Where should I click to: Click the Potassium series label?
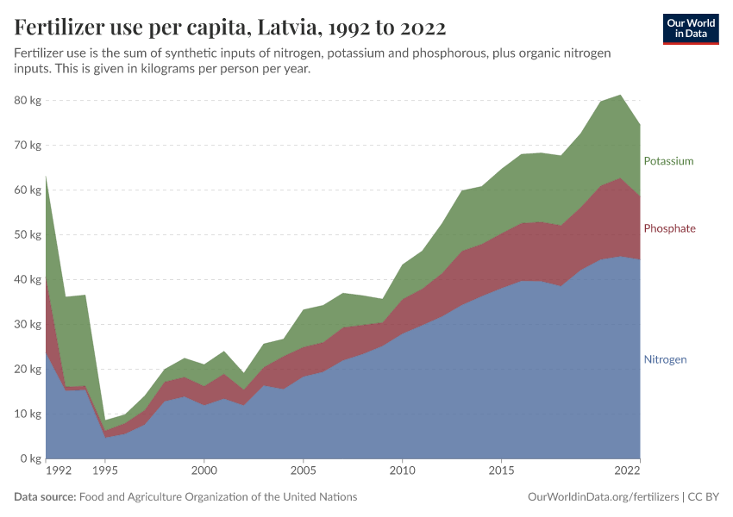(x=668, y=161)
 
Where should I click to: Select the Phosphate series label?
(x=669, y=228)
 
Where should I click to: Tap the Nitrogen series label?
(x=665, y=359)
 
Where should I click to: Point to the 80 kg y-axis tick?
(x=28, y=101)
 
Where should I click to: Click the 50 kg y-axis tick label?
(x=28, y=235)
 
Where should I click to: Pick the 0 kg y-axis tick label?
(x=31, y=459)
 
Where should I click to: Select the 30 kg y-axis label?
(x=28, y=325)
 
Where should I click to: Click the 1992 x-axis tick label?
(x=58, y=472)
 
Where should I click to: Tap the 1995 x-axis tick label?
(x=104, y=472)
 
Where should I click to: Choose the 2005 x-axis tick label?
(x=303, y=472)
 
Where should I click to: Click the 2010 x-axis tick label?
(x=402, y=472)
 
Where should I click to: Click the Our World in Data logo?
(x=690, y=28)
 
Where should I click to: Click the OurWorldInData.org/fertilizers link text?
(x=601, y=497)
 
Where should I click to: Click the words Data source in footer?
(x=45, y=497)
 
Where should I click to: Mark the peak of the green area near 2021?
(x=620, y=95)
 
